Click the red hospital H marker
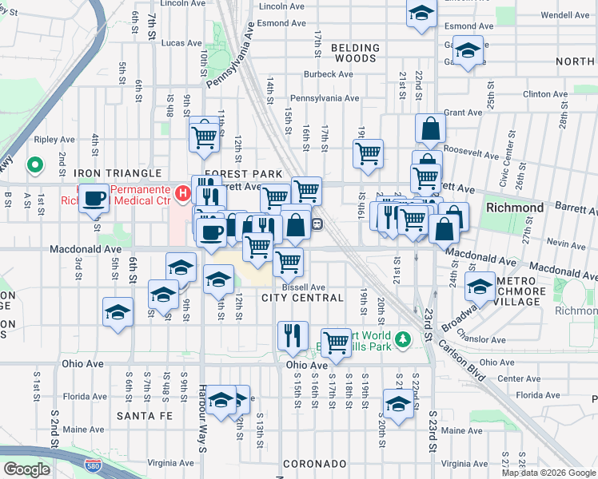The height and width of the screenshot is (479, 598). (183, 193)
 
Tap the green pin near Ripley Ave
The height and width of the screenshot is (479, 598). (34, 165)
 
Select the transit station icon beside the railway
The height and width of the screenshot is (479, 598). (317, 224)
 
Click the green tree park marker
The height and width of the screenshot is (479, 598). (405, 340)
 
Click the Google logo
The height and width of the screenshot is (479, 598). (27, 469)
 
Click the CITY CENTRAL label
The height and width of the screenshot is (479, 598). (302, 298)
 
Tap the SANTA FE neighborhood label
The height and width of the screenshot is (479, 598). (144, 416)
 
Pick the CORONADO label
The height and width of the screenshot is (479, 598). (313, 464)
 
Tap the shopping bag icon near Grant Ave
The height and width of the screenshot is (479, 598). (430, 129)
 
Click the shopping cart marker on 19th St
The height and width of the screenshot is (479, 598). (368, 154)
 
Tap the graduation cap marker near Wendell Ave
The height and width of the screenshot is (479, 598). (421, 13)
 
